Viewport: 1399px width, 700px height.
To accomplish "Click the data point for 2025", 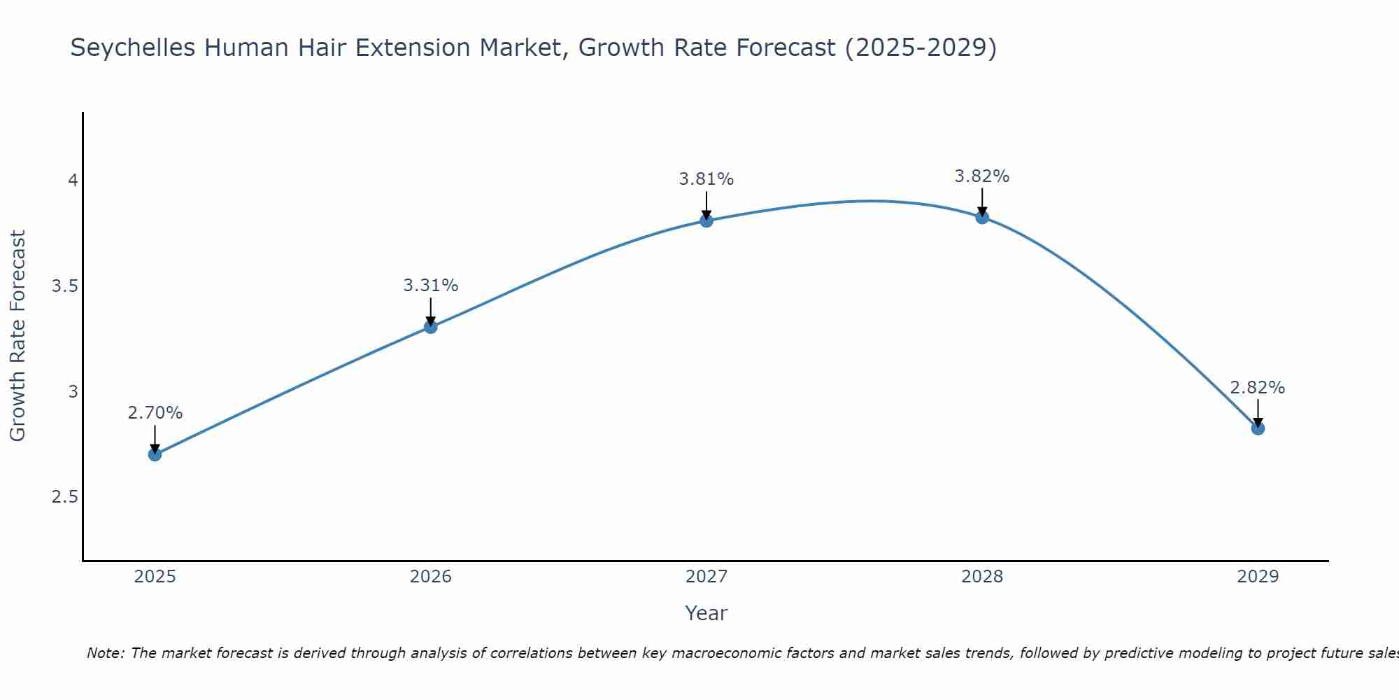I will pyautogui.click(x=155, y=454).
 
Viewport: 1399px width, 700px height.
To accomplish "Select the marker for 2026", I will pyautogui.click(x=430, y=326).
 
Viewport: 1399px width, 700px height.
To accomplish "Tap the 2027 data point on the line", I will pyautogui.click(x=706, y=220).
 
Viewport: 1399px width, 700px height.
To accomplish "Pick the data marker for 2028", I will pyautogui.click(x=981, y=217).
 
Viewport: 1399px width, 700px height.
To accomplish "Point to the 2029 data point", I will pyautogui.click(x=1257, y=428).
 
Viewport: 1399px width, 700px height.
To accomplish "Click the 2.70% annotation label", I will pyautogui.click(x=155, y=413).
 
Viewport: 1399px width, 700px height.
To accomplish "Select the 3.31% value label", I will pyautogui.click(x=430, y=286).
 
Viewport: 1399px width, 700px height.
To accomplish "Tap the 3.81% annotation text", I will pyautogui.click(x=706, y=179).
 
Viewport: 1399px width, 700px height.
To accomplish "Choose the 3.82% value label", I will pyautogui.click(x=981, y=176).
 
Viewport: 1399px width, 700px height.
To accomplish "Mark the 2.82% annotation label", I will pyautogui.click(x=1257, y=388).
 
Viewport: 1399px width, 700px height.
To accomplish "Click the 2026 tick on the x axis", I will pyautogui.click(x=430, y=577).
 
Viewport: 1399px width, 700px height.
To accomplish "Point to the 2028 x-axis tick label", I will pyautogui.click(x=981, y=577).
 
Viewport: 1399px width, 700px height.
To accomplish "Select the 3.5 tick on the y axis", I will pyautogui.click(x=64, y=286).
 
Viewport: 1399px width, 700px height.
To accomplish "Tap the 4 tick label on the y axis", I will pyautogui.click(x=72, y=181).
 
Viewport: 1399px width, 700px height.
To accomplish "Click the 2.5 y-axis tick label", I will pyautogui.click(x=64, y=497).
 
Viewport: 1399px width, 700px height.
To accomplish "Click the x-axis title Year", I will pyautogui.click(x=706, y=613).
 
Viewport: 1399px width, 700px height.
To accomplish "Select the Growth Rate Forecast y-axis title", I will pyautogui.click(x=17, y=335).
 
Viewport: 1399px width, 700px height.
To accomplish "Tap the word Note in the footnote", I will pyautogui.click(x=105, y=653).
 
